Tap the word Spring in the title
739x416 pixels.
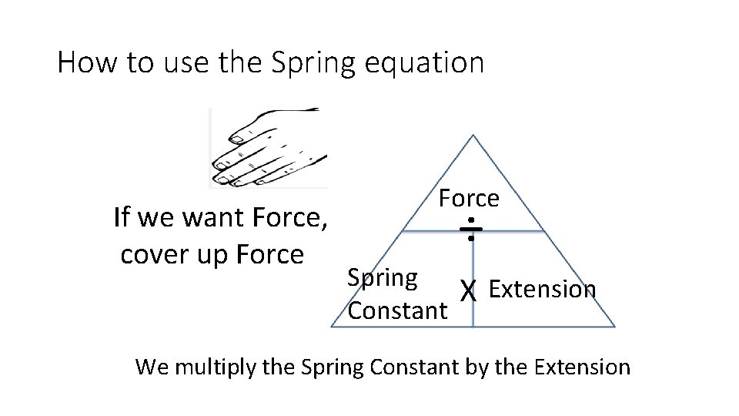314,63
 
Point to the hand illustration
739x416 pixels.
269,147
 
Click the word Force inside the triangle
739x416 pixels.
469,199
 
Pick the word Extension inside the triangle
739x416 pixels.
542,289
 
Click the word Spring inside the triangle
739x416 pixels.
383,278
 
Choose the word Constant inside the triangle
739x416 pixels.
396,310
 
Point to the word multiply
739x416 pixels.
217,367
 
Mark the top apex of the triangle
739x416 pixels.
473,136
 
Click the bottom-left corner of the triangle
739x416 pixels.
332,327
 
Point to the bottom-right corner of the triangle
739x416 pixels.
615,327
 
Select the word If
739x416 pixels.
121,219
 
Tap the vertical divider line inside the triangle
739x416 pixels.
473,300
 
